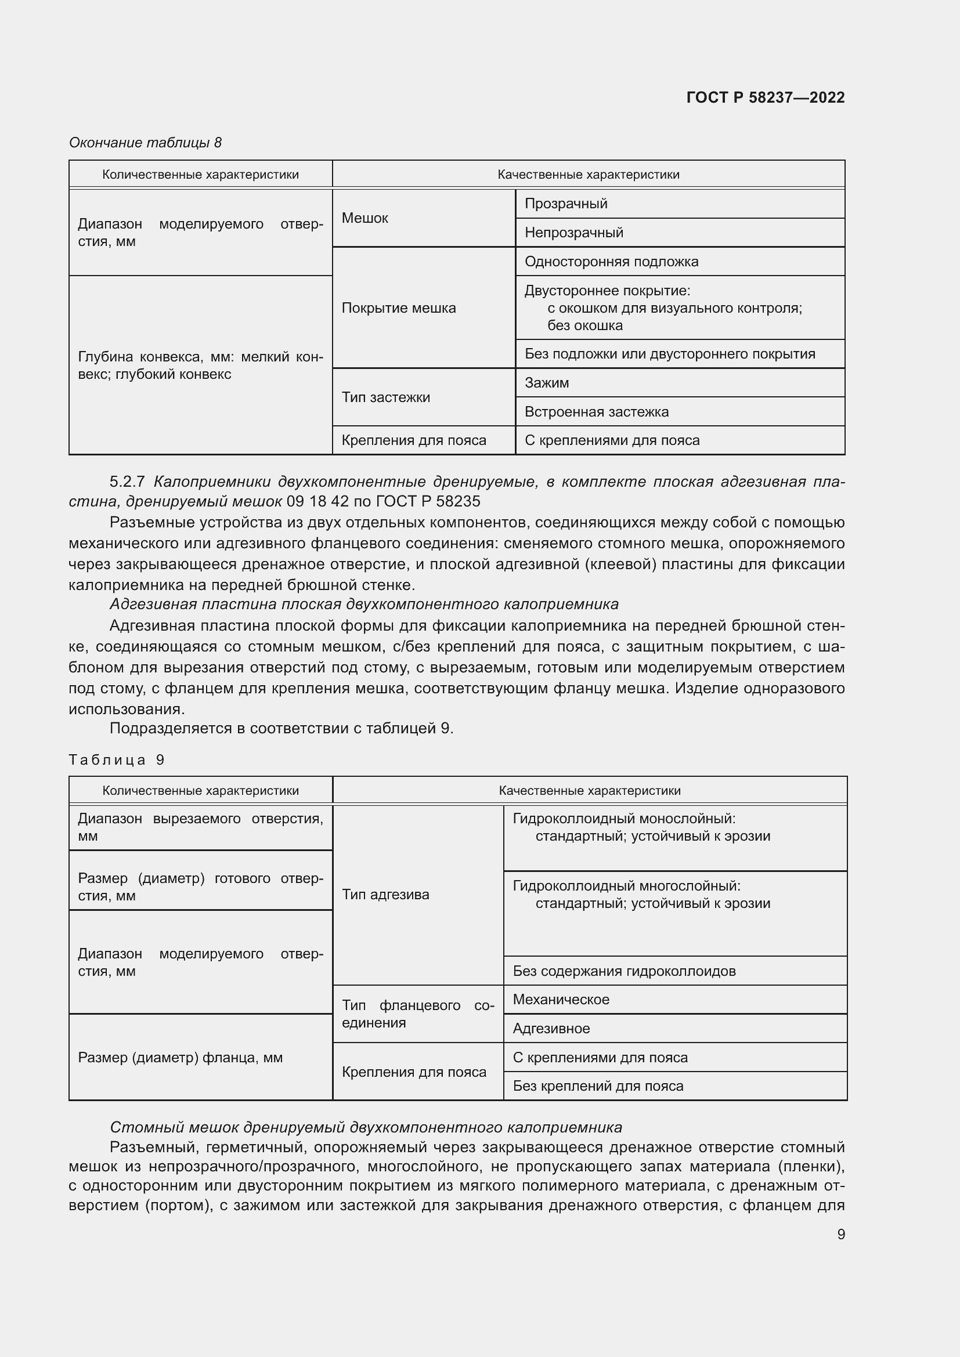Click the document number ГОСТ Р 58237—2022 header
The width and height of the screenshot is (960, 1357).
coord(765,97)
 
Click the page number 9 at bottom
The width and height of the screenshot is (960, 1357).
coord(840,1234)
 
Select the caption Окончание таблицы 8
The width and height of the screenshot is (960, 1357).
coord(145,143)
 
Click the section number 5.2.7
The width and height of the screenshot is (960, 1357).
coord(127,482)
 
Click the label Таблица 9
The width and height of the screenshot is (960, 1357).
coord(117,760)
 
